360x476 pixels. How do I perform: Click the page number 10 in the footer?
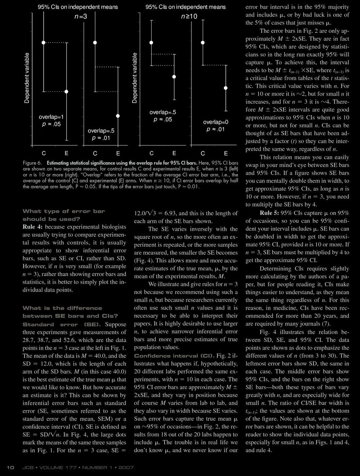(10, 467)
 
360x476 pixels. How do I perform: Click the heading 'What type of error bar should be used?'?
(58, 215)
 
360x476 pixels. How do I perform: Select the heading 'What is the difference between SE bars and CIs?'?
(62, 312)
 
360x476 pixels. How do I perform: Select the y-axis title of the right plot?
(135, 78)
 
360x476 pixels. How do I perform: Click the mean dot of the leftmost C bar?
(44, 42)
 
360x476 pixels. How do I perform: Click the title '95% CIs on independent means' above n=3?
(78, 7)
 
